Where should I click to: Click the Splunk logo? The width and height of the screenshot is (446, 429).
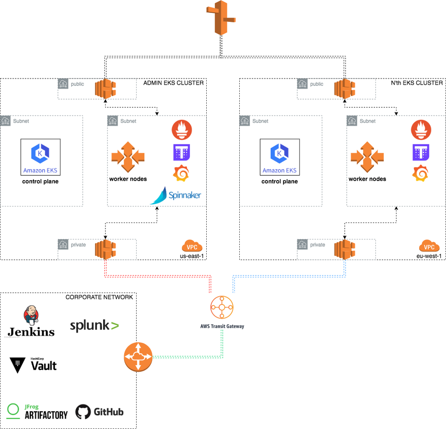coord(94,326)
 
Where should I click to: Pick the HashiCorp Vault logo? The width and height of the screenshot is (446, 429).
coord(33,365)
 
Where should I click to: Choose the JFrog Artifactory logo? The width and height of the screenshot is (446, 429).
coord(38,411)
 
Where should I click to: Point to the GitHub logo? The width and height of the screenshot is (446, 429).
coord(99,412)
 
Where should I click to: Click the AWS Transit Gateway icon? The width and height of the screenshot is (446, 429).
coord(222,307)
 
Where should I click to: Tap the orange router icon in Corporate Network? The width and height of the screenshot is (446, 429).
coord(138,357)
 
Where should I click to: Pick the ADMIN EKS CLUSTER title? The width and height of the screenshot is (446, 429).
coord(173,83)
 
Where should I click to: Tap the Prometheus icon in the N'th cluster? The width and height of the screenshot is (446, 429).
coord(421,130)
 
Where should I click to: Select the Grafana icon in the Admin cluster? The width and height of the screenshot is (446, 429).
coord(182,173)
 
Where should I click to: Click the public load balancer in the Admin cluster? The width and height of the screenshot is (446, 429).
coord(105,88)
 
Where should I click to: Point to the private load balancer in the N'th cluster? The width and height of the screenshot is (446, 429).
coord(344,248)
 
